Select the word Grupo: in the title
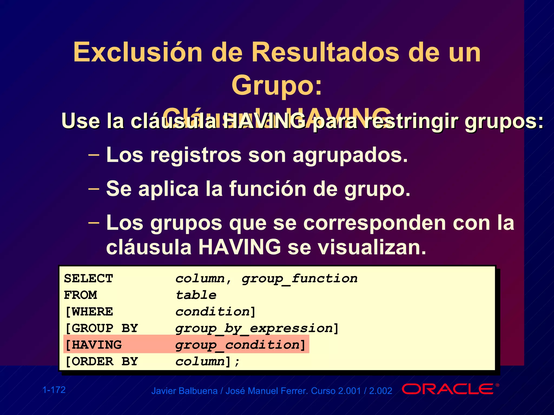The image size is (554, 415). pyautogui.click(x=277, y=85)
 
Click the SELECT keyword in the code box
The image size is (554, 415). pyautogui.click(x=88, y=279)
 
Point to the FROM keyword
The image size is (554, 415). pyautogui.click(x=80, y=295)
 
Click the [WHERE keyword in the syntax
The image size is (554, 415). pyautogui.click(x=89, y=312)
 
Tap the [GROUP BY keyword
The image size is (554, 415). pyautogui.click(x=101, y=328)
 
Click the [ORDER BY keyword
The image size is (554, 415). pyautogui.click(x=101, y=362)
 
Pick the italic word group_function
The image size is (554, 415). pyautogui.click(x=299, y=279)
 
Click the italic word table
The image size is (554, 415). pyautogui.click(x=196, y=295)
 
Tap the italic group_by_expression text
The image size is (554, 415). pyautogui.click(x=254, y=329)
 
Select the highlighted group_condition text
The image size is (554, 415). pyautogui.click(x=237, y=345)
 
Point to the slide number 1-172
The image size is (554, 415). pyautogui.click(x=54, y=390)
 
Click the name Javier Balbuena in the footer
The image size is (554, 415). pyautogui.click(x=184, y=391)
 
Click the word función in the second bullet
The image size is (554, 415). pyautogui.click(x=268, y=189)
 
